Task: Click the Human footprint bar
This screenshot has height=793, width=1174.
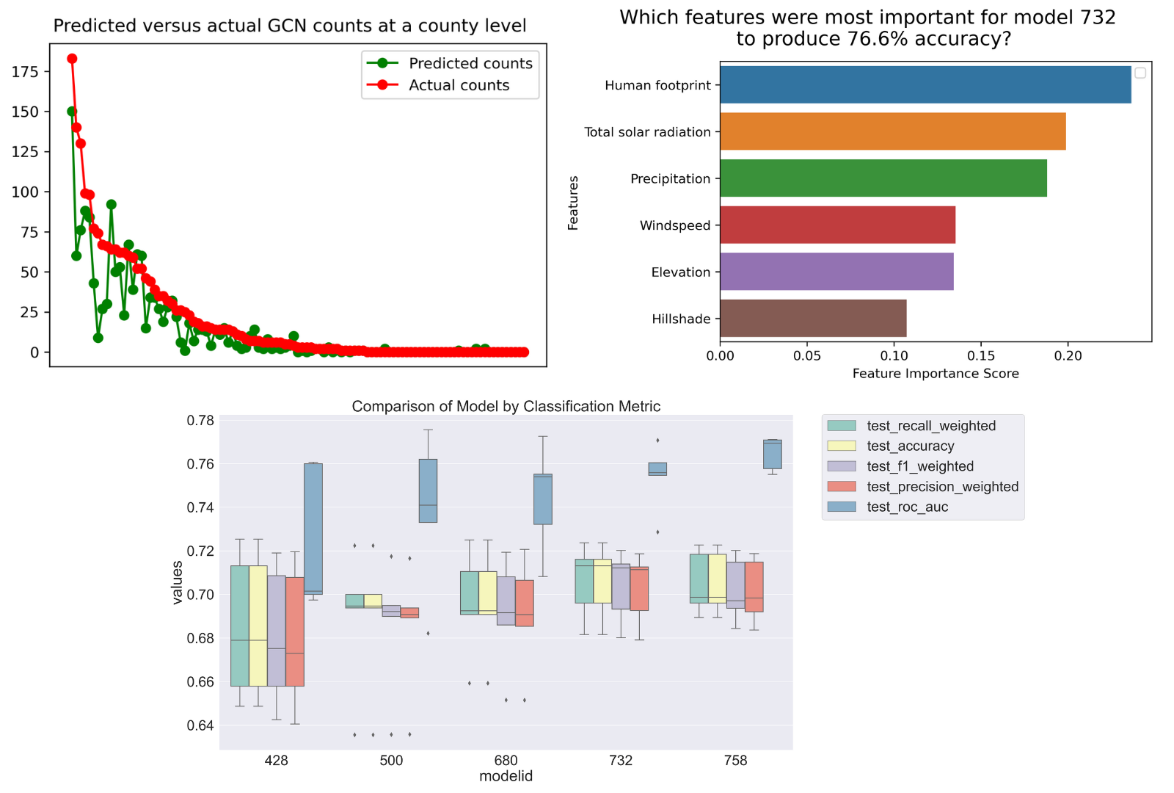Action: click(x=925, y=84)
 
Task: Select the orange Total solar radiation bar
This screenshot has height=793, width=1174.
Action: click(x=892, y=131)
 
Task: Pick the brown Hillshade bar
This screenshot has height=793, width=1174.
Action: click(x=813, y=318)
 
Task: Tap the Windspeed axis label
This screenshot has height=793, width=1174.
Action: click(x=674, y=225)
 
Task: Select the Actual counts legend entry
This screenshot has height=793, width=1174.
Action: click(x=459, y=85)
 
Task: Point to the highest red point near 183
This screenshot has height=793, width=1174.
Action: click(x=72, y=59)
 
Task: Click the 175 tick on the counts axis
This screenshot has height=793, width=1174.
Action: click(x=25, y=71)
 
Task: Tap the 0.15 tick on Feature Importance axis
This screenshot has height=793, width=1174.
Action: click(x=981, y=356)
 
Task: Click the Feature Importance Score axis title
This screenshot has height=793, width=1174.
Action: click(x=936, y=374)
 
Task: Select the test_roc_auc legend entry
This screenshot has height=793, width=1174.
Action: click(x=907, y=507)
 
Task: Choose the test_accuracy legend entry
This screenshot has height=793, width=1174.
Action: click(x=910, y=446)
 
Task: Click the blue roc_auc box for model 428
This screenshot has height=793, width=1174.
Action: click(x=313, y=529)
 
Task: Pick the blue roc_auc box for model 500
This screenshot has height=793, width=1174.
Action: click(x=428, y=490)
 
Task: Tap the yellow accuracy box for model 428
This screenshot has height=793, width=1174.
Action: click(x=258, y=626)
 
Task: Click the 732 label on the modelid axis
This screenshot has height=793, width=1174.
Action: click(x=621, y=761)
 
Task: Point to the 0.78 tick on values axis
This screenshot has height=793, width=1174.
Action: click(x=200, y=421)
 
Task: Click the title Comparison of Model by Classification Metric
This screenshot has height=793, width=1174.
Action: click(x=506, y=406)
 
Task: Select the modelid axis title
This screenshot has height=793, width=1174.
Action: click(x=506, y=776)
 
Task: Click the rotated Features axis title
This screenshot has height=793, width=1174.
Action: click(x=573, y=203)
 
